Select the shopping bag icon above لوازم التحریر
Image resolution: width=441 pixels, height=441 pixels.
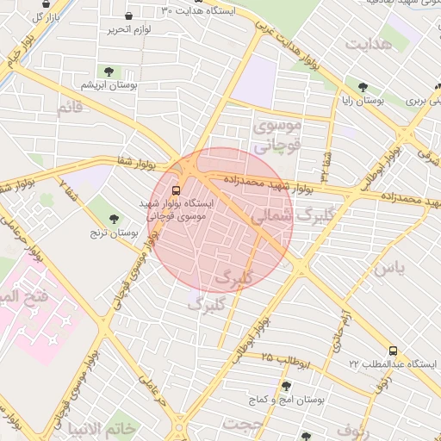(x=128, y=16)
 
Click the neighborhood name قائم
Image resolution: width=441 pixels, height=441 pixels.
(x=69, y=109)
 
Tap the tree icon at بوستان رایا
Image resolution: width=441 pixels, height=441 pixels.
(x=363, y=87)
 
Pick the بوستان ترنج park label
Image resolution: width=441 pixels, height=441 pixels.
(x=114, y=233)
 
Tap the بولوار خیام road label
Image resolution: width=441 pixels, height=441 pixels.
(x=20, y=50)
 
